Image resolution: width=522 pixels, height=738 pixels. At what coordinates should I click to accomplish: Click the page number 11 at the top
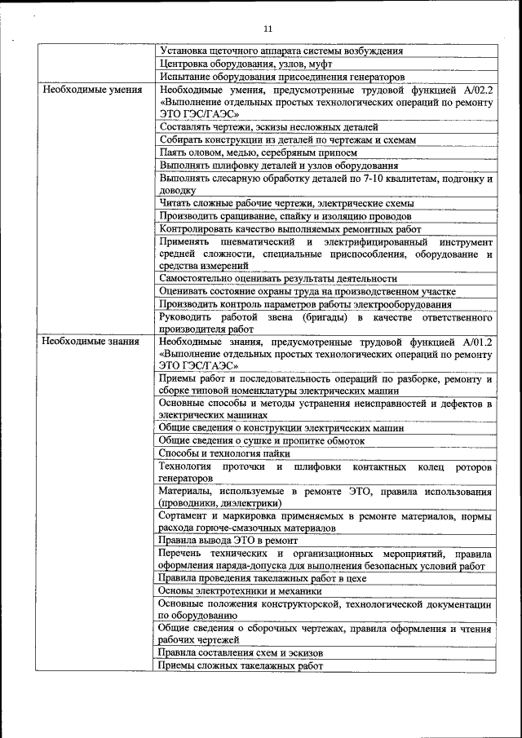[x=268, y=30]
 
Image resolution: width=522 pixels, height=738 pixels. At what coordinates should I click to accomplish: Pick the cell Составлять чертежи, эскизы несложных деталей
[x=269, y=128]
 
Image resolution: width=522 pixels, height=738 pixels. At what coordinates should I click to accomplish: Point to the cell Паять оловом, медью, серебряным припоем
[x=259, y=152]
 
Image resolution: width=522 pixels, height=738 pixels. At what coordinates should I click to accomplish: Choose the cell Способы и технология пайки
[x=223, y=453]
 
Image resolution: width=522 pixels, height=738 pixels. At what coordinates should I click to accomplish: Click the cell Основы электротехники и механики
[x=236, y=591]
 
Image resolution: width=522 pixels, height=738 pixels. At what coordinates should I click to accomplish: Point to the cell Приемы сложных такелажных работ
[x=241, y=666]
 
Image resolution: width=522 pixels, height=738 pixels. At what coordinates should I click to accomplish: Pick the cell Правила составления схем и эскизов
[x=241, y=654]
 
